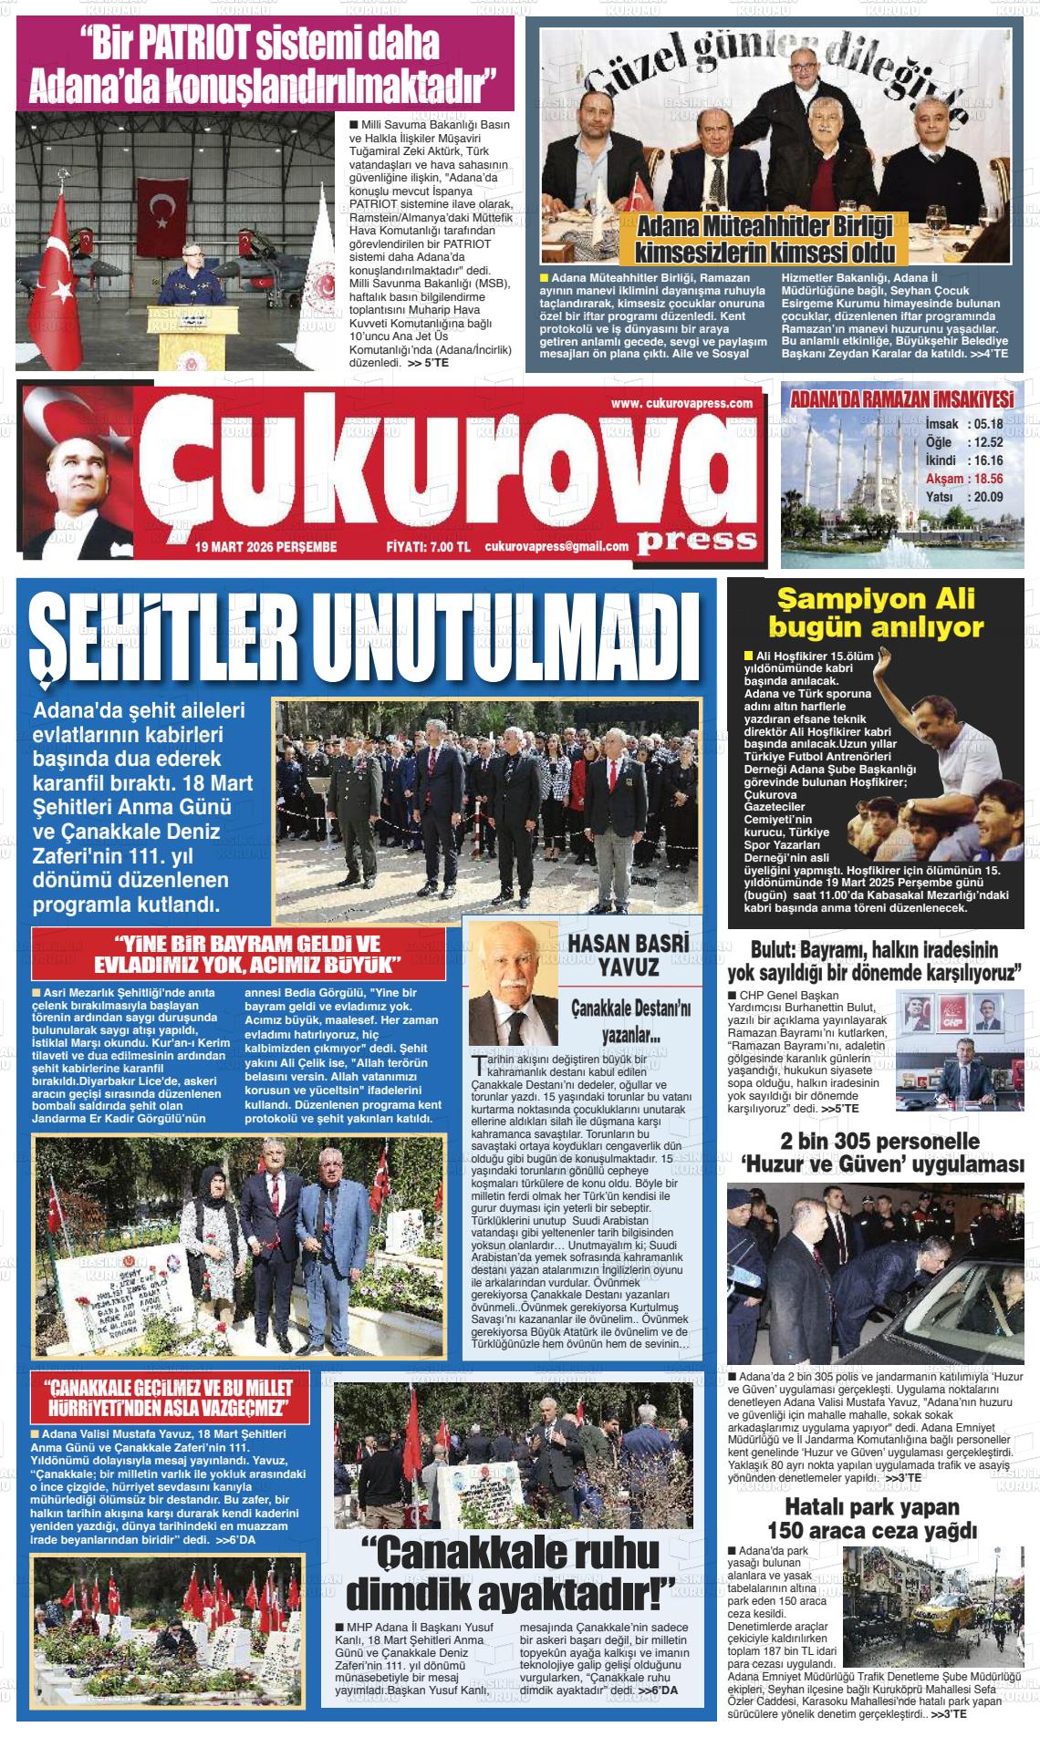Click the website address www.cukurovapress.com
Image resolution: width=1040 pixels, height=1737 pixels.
(682, 404)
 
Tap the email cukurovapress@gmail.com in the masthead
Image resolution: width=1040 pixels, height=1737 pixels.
(557, 546)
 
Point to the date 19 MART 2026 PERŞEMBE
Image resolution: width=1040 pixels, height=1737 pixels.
(265, 547)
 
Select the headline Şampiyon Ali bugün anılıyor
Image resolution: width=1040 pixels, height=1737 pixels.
(876, 613)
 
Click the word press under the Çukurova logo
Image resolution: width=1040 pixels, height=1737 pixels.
(697, 541)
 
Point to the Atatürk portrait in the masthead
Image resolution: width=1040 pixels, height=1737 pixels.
(78, 474)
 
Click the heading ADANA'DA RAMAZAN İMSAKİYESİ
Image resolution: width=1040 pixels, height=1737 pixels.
(901, 400)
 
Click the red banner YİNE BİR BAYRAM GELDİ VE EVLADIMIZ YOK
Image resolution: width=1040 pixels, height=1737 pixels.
(239, 954)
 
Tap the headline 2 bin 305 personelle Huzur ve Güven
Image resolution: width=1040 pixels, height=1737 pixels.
(878, 1153)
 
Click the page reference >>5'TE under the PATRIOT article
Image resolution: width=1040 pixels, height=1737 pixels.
(428, 362)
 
